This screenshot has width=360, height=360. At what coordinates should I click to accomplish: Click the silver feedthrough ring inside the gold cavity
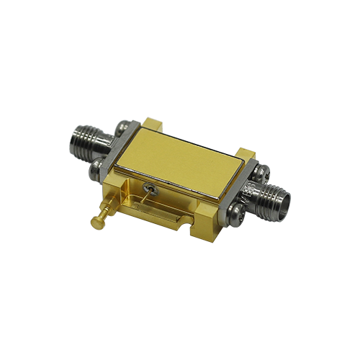[x=150, y=189]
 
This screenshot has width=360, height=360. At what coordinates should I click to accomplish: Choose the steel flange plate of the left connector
[x=110, y=148]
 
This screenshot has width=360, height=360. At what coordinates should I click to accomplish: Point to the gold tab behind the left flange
[x=152, y=123]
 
